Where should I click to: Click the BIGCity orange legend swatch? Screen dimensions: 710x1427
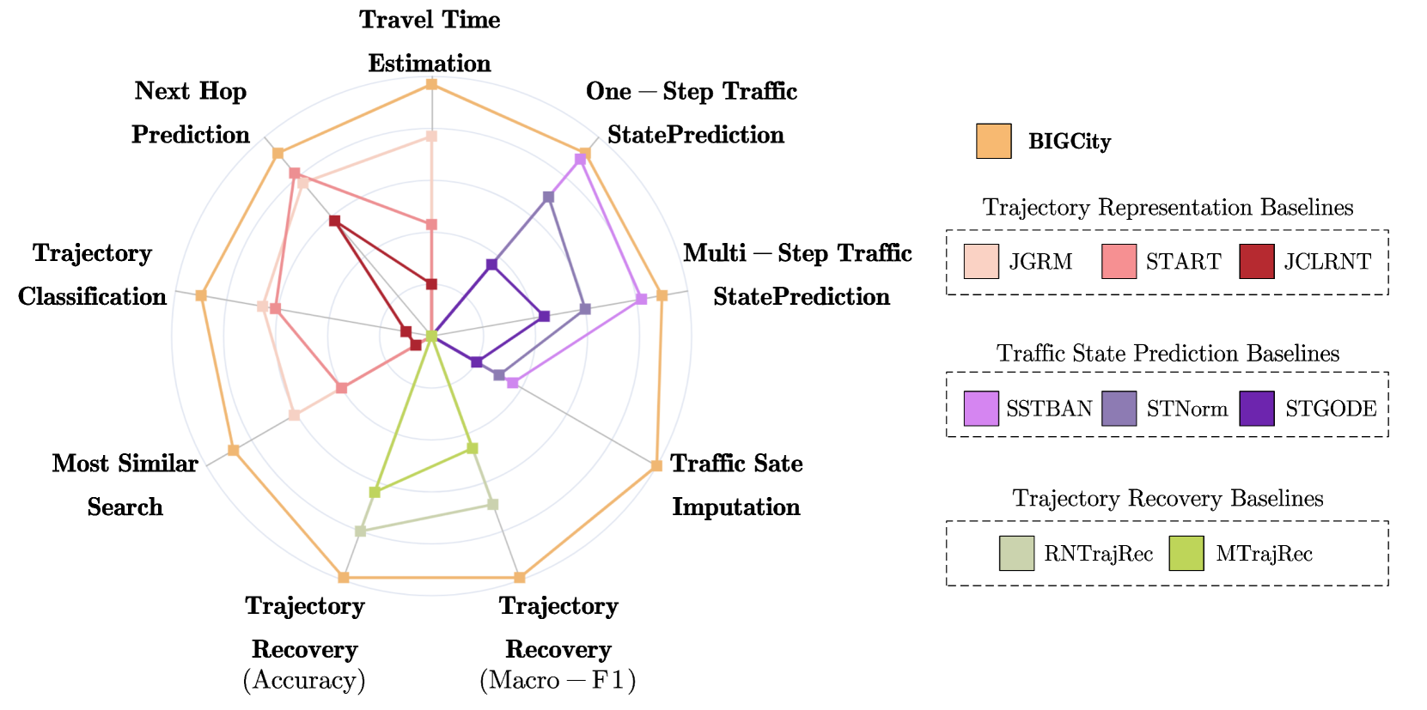[x=993, y=142]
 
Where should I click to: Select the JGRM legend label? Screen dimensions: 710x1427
[x=1040, y=262]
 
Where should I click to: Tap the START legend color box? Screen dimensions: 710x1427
[x=1119, y=262]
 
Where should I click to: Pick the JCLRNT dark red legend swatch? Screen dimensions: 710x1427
[x=1256, y=262]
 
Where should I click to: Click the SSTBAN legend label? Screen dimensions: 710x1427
[x=1049, y=409]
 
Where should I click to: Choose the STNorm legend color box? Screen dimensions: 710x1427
[x=1119, y=409]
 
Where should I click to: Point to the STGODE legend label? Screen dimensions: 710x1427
[x=1331, y=409]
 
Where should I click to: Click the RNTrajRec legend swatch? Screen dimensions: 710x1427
[x=1016, y=554]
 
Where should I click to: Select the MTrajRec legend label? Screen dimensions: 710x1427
[x=1264, y=554]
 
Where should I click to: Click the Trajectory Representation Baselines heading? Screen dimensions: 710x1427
[x=1168, y=208]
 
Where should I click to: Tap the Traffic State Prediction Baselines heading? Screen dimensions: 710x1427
[x=1168, y=354]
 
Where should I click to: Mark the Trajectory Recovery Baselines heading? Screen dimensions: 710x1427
[x=1168, y=499]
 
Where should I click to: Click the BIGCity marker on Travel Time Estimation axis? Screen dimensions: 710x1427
[x=431, y=84]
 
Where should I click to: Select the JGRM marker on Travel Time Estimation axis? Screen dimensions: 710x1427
[x=431, y=137]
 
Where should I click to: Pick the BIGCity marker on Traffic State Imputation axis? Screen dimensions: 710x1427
[x=656, y=465]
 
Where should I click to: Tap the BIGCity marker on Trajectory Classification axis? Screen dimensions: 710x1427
[x=201, y=295]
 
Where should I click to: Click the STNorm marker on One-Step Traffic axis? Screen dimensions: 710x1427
[x=548, y=197]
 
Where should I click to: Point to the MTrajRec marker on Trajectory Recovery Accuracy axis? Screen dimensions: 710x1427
[x=375, y=492]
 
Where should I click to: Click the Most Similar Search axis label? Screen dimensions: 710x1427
[x=125, y=485]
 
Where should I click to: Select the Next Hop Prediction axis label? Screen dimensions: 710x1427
[x=191, y=112]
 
